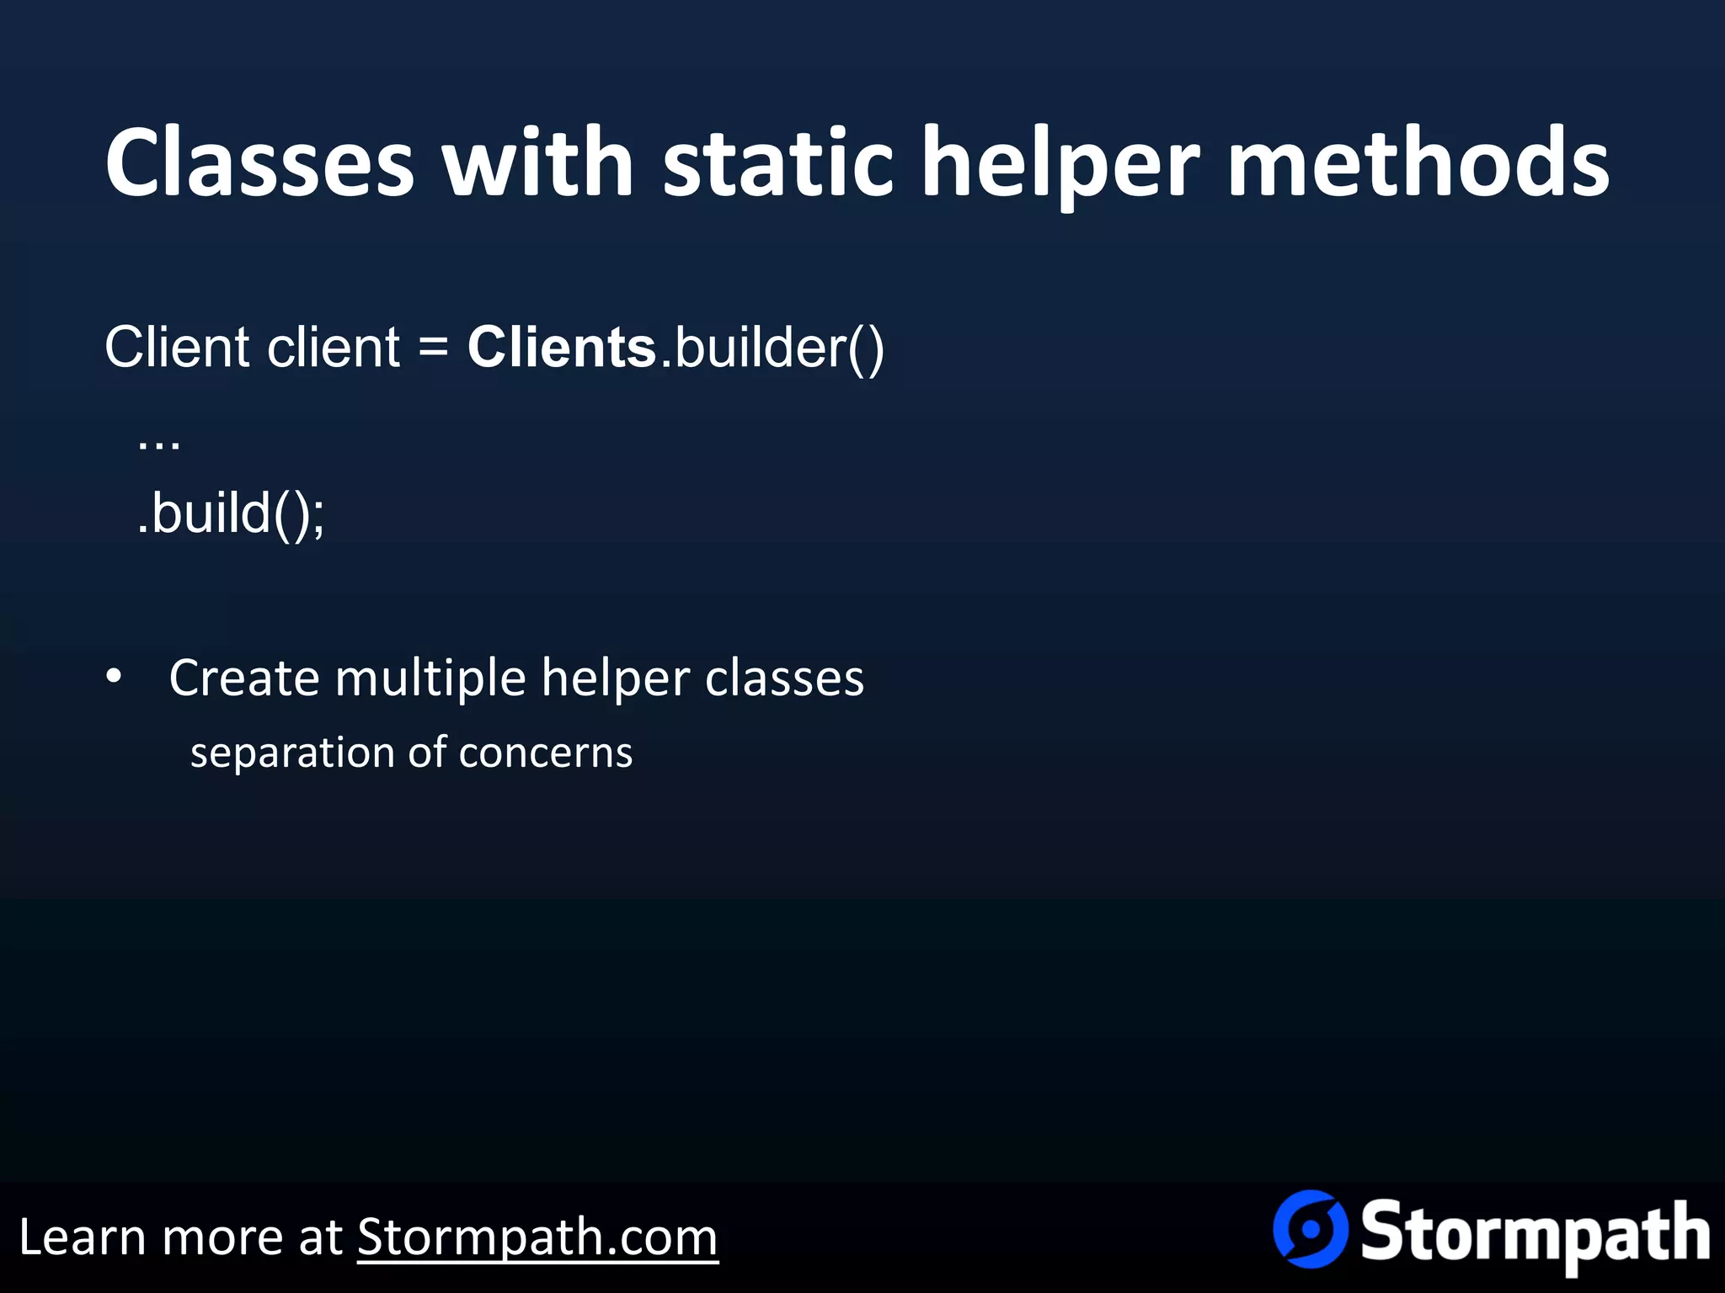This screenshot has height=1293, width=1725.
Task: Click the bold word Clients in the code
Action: pyautogui.click(x=562, y=347)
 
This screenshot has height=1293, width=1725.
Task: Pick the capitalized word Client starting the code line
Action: pyautogui.click(x=178, y=347)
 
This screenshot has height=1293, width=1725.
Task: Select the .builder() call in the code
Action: pyautogui.click(x=772, y=347)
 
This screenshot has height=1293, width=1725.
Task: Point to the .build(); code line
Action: pyautogui.click(x=231, y=513)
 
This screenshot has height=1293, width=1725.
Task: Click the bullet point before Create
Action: pyautogui.click(x=115, y=677)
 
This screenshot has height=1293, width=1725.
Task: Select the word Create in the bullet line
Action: pyautogui.click(x=244, y=678)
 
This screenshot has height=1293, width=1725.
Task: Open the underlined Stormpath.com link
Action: pyautogui.click(x=537, y=1237)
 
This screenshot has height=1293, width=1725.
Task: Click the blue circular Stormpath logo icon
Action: pyautogui.click(x=1310, y=1229)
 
